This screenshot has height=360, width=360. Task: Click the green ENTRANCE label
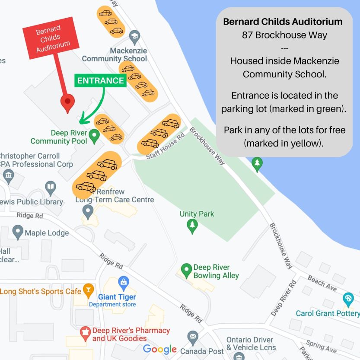101,81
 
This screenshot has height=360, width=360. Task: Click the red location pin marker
67,102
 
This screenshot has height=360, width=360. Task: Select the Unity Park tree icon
192,225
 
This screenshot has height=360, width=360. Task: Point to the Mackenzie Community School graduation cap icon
135,36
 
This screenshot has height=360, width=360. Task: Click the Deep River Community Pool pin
94,137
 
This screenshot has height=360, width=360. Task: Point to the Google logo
160,349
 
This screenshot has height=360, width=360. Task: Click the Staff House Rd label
165,146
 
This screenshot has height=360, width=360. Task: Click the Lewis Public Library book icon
51,188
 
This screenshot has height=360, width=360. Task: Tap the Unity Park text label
197,214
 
